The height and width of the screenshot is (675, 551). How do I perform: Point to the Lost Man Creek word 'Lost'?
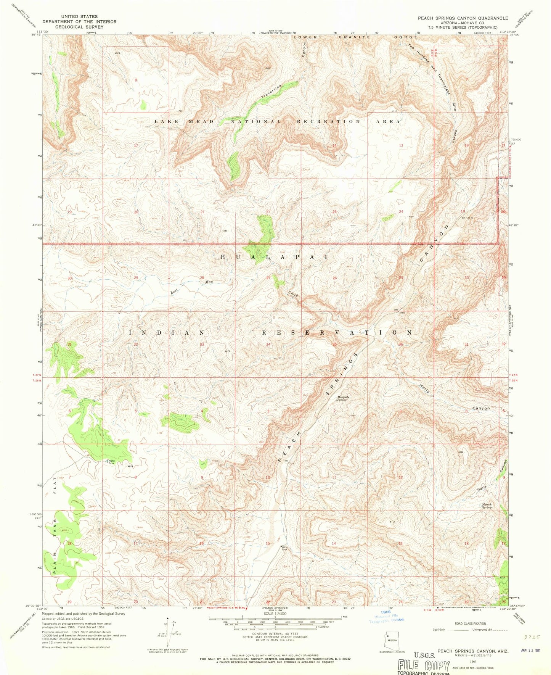175,290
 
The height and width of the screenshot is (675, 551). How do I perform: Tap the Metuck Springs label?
487,506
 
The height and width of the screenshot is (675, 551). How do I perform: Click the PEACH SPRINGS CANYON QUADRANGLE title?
463,18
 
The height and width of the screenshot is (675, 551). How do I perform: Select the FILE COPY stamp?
424,666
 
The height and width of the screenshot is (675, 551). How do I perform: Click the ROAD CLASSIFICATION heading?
470,623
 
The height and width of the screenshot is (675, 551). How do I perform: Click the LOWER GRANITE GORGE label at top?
355,37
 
